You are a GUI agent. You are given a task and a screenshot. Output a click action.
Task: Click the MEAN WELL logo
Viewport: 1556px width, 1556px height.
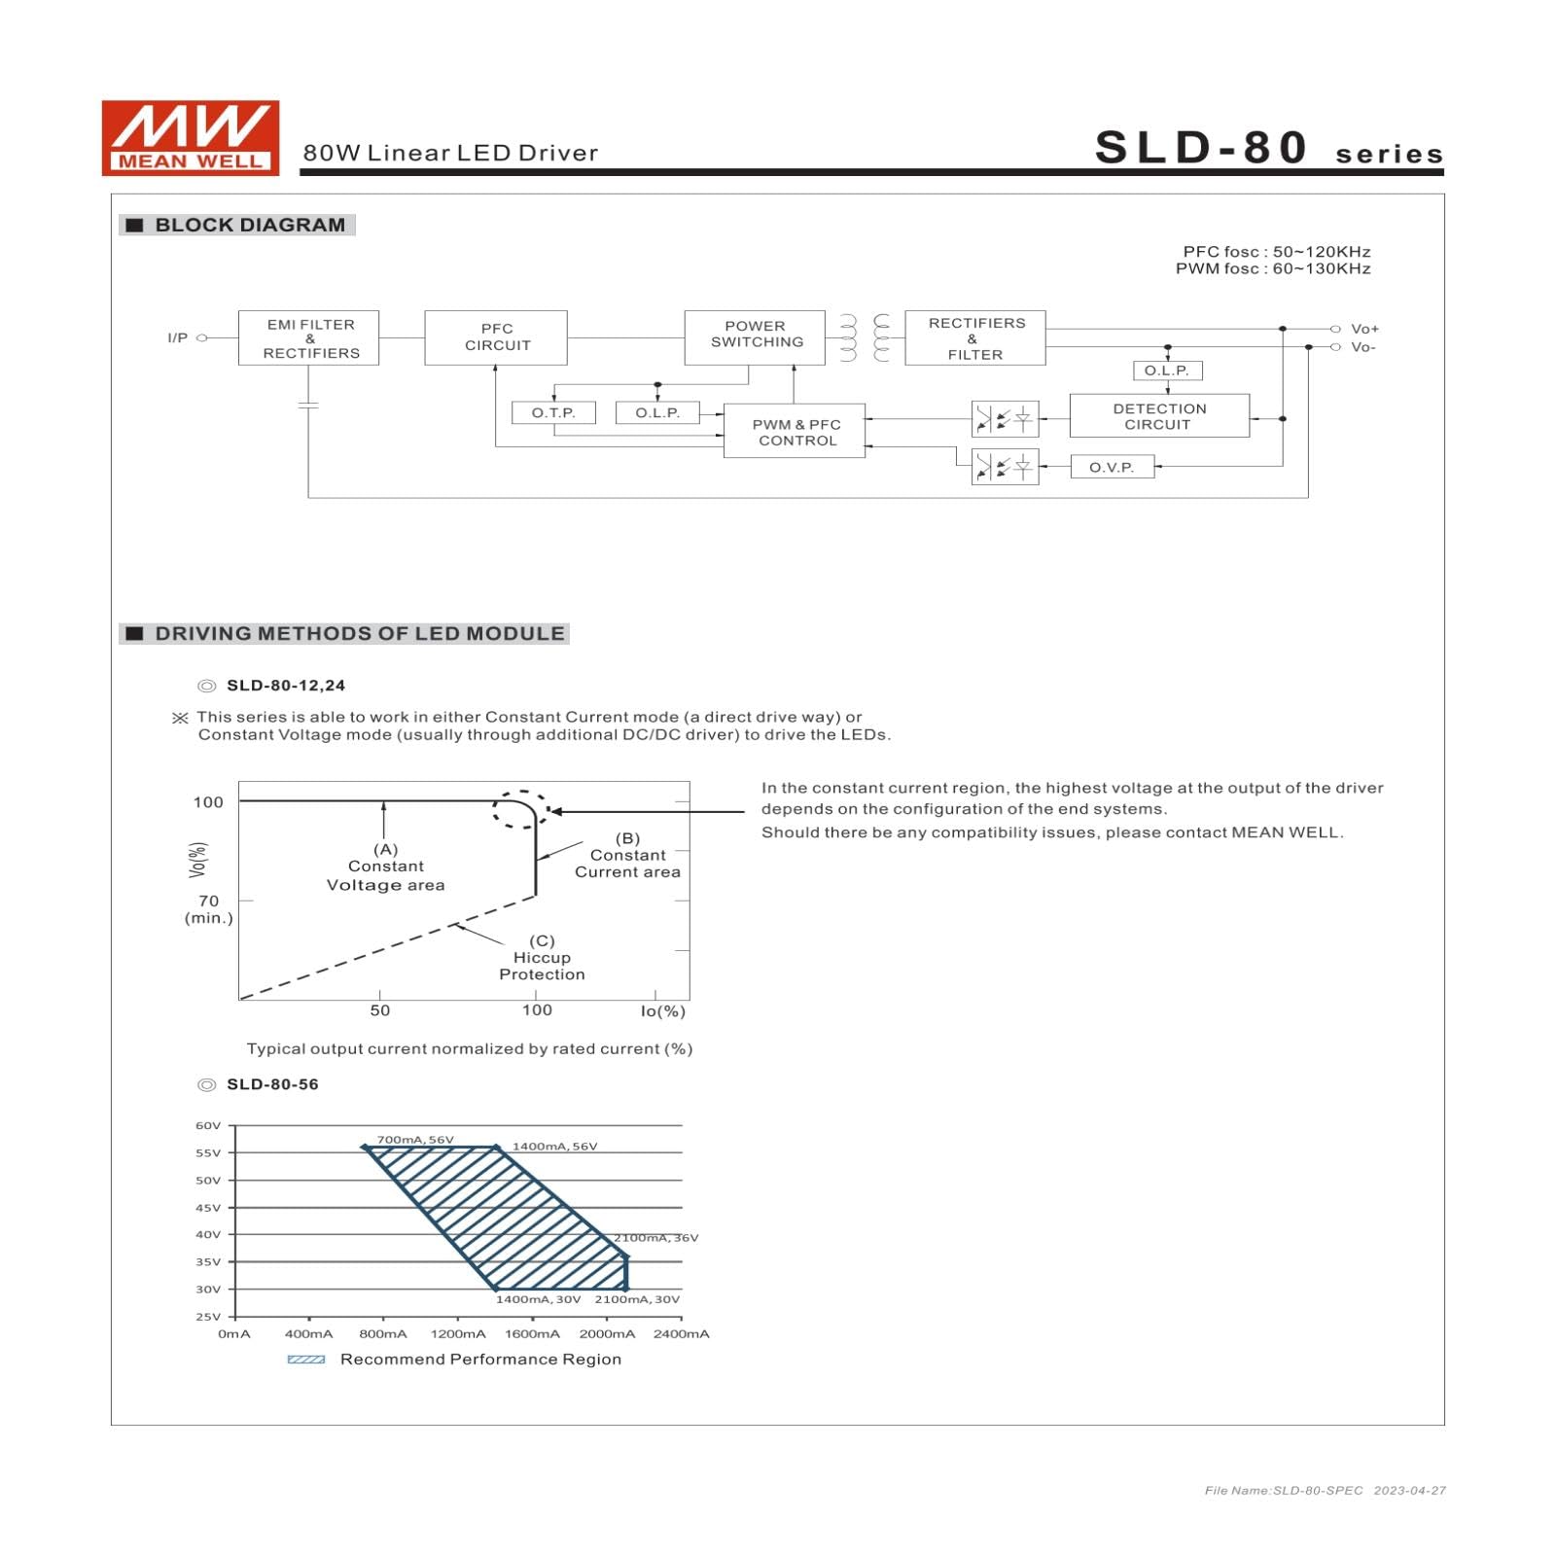click(191, 138)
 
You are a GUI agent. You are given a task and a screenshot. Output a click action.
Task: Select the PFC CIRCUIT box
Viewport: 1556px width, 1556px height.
click(496, 337)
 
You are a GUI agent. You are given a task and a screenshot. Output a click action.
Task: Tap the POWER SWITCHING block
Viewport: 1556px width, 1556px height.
click(755, 337)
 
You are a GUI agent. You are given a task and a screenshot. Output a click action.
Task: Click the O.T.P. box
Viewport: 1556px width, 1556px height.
click(553, 413)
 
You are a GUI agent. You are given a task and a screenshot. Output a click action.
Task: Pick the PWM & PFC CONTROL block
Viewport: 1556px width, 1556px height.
click(795, 431)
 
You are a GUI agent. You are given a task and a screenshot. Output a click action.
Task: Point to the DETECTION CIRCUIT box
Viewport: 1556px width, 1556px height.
click(1159, 416)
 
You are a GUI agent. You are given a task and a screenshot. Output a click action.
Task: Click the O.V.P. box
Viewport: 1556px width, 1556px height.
click(1113, 468)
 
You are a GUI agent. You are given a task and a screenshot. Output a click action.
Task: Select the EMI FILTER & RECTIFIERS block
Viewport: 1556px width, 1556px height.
click(309, 338)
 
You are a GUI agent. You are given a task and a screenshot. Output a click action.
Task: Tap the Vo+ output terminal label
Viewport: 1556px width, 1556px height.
click(1364, 330)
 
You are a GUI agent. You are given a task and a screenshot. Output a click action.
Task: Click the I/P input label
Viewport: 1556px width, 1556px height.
click(178, 338)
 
